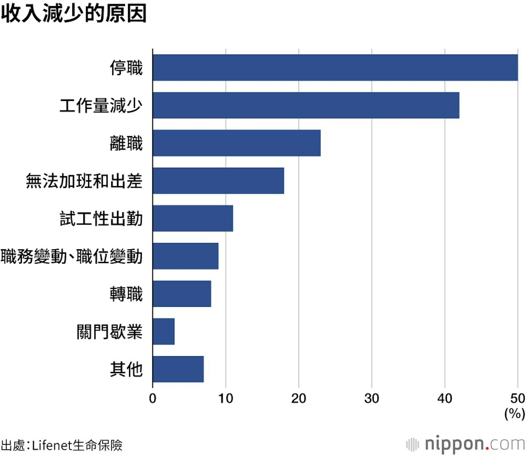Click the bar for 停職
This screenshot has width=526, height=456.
(335, 67)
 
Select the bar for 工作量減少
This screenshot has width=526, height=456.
(306, 105)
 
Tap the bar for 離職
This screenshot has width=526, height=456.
(236, 143)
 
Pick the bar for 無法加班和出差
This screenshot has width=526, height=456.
(218, 181)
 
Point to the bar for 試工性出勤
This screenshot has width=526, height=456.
(193, 218)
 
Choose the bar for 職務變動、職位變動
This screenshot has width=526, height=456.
(185, 256)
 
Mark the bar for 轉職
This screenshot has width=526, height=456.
(182, 294)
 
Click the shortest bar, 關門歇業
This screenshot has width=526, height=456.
(164, 331)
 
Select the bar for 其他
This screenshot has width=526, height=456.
(178, 369)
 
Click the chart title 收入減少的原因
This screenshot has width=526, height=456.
(73, 13)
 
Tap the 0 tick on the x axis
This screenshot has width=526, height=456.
(153, 398)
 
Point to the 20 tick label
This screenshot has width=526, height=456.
(299, 398)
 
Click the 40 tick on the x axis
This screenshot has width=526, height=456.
(445, 398)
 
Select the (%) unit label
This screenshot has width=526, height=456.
(514, 413)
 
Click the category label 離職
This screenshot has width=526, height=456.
(126, 143)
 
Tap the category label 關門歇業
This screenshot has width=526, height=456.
(110, 332)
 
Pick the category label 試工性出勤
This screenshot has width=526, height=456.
(101, 219)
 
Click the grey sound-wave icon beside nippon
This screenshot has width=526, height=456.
(412, 444)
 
